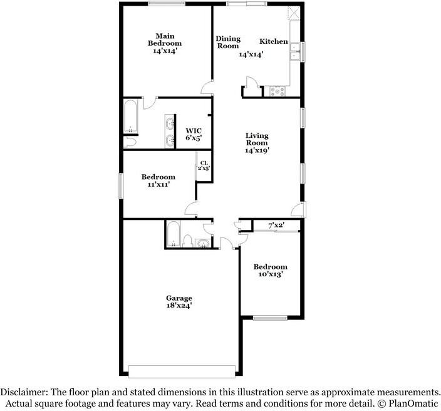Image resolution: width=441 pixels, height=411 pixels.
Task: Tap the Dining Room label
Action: coord(227,42)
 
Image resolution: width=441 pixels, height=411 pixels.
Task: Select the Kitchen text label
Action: coord(274,41)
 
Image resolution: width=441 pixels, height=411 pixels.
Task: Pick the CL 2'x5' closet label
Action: coord(204,165)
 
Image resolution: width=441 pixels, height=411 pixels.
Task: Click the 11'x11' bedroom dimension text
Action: coord(158,185)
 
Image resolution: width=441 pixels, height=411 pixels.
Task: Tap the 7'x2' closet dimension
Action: coord(276,225)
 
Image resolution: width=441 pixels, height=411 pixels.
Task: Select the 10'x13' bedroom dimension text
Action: coord(271,274)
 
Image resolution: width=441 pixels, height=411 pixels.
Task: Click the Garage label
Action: coord(179,298)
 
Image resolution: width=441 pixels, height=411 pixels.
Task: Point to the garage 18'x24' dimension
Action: coord(179,306)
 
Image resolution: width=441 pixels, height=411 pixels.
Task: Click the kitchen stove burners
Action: coord(277,91)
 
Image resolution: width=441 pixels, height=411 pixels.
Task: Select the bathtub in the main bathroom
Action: coord(131,117)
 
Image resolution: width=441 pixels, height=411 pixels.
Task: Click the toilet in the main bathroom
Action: coord(130,142)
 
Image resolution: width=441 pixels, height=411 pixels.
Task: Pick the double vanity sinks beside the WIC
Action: coord(170,130)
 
